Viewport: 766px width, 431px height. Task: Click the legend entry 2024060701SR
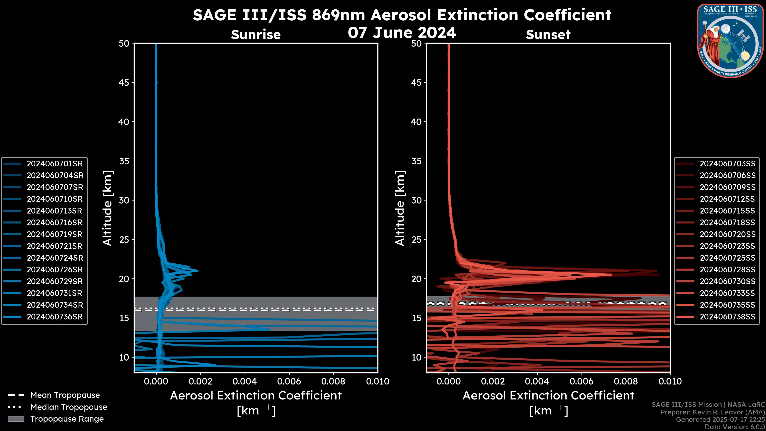point(55,164)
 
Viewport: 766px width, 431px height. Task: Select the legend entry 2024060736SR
point(55,317)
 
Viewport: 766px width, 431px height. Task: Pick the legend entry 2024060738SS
point(727,317)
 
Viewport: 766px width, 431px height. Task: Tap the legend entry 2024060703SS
point(727,164)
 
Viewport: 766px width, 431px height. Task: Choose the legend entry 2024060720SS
point(727,234)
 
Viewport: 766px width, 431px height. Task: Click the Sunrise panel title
point(256,35)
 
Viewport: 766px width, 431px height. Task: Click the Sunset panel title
point(548,35)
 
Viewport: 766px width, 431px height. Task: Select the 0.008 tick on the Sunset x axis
point(626,381)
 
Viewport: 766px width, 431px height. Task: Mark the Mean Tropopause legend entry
point(65,395)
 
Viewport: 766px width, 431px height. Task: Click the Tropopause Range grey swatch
point(16,419)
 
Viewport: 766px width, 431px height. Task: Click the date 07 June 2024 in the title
point(402,33)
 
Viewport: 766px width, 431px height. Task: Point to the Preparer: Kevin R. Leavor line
point(713,412)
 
